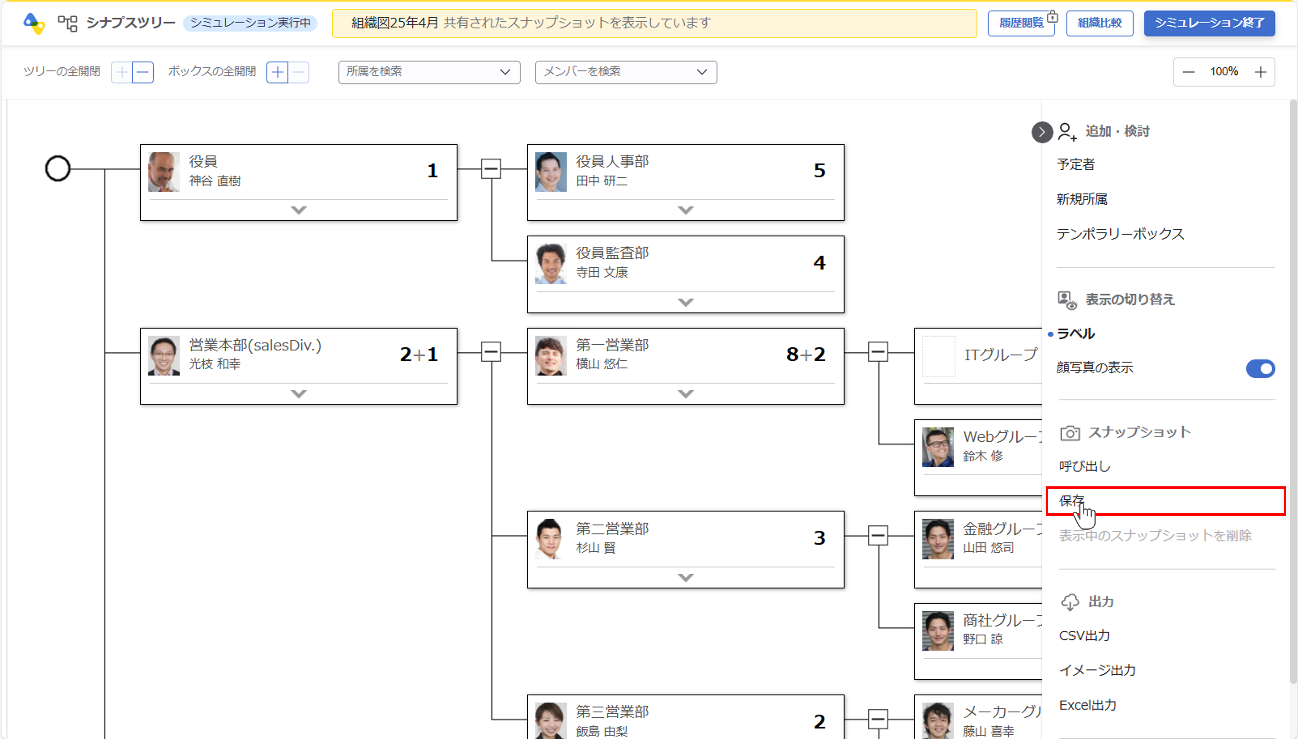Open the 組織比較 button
(x=1099, y=23)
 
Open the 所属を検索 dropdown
(x=429, y=72)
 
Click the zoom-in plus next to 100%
(x=1260, y=72)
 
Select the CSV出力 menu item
(x=1084, y=635)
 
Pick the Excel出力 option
(x=1087, y=705)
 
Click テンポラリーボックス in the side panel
(x=1120, y=234)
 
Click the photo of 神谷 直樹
(x=163, y=172)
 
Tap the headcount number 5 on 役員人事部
(x=819, y=170)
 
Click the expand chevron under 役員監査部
(x=685, y=302)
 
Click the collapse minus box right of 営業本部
(x=490, y=352)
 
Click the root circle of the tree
(x=57, y=168)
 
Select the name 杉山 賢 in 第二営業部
(x=596, y=548)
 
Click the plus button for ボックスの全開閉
(x=277, y=72)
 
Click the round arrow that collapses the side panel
(x=1042, y=132)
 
